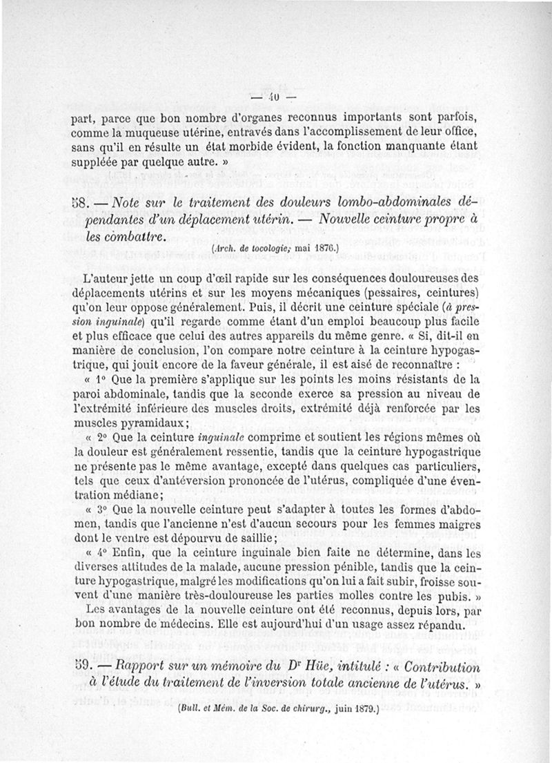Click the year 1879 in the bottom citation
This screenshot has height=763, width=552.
362,708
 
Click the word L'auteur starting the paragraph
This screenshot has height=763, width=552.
104,278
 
